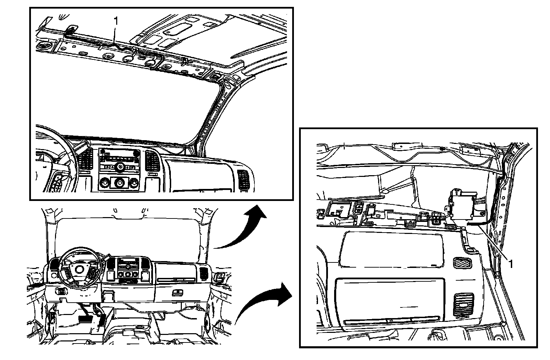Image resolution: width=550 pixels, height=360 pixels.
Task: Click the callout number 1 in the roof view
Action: (x=116, y=21)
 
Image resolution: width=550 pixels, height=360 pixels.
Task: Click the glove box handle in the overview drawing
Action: (x=177, y=293)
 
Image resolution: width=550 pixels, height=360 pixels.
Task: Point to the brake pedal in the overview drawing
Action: (x=85, y=319)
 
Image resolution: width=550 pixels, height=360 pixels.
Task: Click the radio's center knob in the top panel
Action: (x=120, y=167)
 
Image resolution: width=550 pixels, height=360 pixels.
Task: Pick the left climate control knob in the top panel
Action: (x=104, y=183)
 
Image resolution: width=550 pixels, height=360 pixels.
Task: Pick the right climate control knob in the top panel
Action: (x=134, y=183)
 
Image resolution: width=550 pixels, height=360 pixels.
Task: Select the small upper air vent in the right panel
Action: (x=463, y=262)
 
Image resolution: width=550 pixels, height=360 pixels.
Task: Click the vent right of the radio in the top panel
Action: (x=152, y=160)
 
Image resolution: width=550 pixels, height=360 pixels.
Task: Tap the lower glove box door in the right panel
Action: (x=390, y=302)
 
